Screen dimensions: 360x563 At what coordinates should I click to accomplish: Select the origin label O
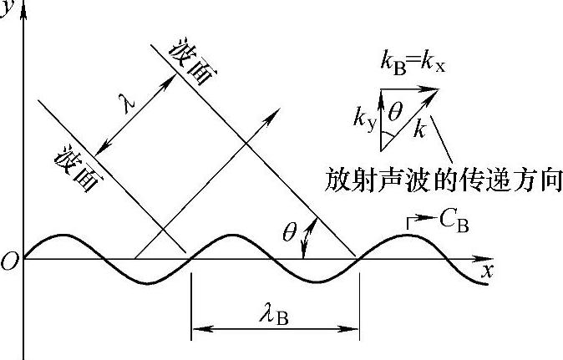pyautogui.click(x=9, y=263)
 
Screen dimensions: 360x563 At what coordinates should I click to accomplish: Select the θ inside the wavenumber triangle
pyautogui.click(x=396, y=109)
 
